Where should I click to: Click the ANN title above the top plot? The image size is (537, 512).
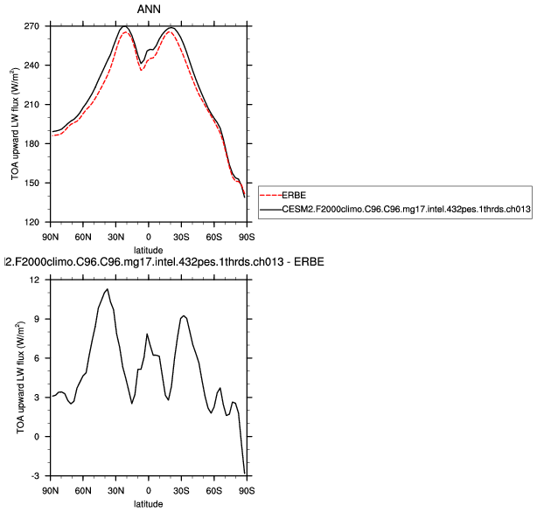tap(148, 10)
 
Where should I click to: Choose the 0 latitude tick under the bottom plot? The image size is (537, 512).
tap(149, 490)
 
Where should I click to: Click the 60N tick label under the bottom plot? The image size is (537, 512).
tap(83, 490)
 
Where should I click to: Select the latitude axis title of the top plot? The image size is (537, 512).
tap(148, 250)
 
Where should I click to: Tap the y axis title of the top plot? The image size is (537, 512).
tap(15, 124)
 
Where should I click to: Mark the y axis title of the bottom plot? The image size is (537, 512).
tap(17, 377)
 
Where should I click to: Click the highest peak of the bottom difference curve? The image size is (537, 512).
tap(107, 289)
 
